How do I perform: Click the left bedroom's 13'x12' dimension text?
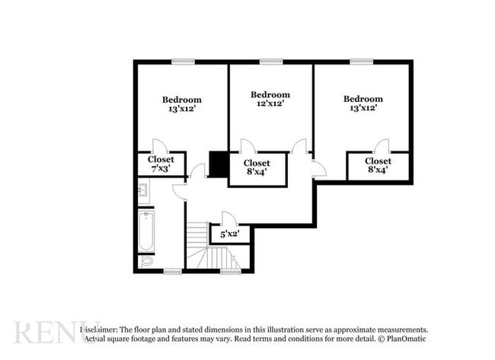(x=181, y=110)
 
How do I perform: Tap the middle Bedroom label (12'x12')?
(x=270, y=94)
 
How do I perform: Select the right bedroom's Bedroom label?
(x=362, y=98)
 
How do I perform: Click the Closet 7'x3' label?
(x=161, y=160)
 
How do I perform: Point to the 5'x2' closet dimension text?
(x=229, y=234)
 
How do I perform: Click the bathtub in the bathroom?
(x=146, y=231)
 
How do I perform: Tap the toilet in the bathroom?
(x=146, y=261)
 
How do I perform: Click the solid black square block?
(x=219, y=164)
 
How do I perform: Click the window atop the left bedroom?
(x=183, y=62)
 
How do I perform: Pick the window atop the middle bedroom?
(x=271, y=62)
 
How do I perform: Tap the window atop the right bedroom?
(x=362, y=62)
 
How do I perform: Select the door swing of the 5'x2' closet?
(x=228, y=218)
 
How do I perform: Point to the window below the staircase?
(x=230, y=271)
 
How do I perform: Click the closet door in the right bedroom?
(x=381, y=146)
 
